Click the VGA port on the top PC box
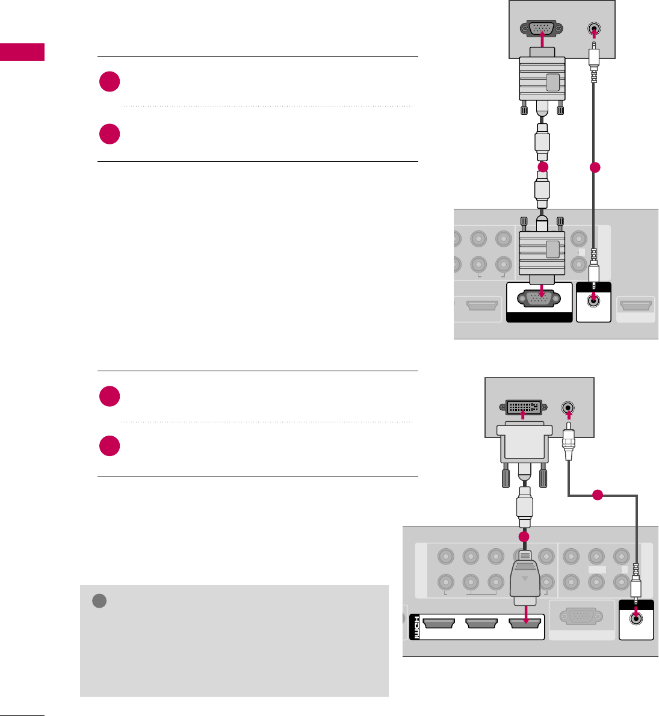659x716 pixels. point(543,28)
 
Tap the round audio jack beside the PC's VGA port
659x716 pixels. point(595,29)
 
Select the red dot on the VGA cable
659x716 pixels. point(543,168)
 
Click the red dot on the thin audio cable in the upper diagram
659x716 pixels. point(595,168)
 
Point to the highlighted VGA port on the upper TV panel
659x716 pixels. point(539,298)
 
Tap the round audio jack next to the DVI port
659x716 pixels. point(568,408)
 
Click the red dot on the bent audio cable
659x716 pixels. point(596,496)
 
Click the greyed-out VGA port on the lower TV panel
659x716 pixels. point(580,617)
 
